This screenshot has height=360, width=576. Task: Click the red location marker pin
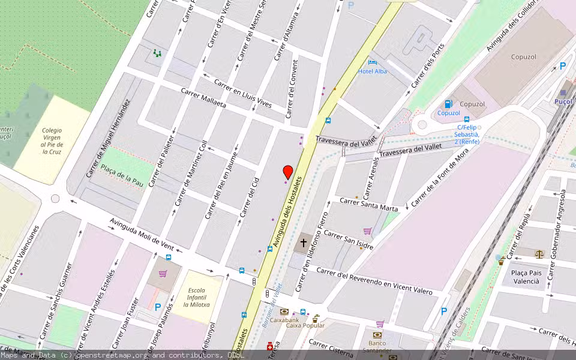point(287,172)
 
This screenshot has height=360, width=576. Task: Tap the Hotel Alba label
point(373,71)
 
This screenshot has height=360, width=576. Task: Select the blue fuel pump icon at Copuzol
point(448,104)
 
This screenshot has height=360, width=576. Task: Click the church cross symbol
point(304,243)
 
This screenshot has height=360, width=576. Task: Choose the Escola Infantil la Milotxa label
point(196,298)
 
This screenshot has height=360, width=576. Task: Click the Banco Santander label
point(377,347)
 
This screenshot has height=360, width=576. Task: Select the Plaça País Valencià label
point(526,276)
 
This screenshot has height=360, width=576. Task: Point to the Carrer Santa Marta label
point(369,204)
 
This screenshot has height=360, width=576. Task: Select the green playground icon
point(157,53)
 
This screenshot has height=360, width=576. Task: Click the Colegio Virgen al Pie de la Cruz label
point(52,141)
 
